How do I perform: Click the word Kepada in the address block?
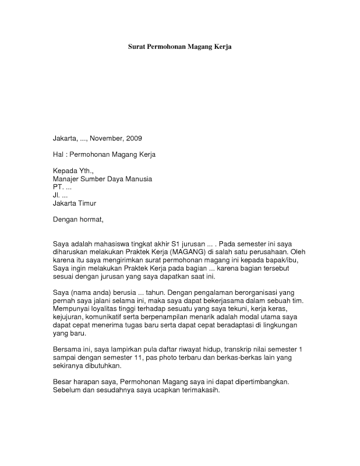[65, 171]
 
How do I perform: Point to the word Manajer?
[67, 179]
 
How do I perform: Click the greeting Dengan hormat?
[77, 220]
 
